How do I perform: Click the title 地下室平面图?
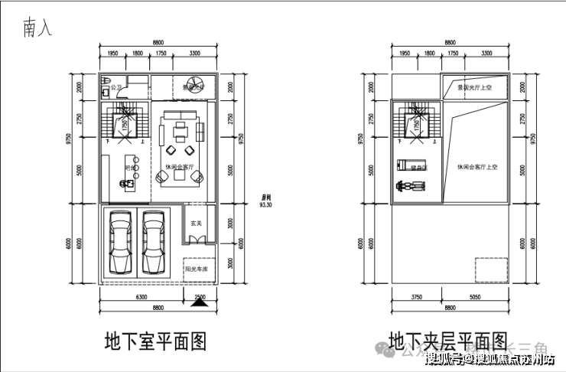click(x=155, y=341)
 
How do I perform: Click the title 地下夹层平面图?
click(x=448, y=341)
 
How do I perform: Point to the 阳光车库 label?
click(x=197, y=269)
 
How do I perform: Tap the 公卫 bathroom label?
click(x=116, y=88)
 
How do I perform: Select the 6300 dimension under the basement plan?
click(x=141, y=297)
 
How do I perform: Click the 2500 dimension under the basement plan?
click(x=200, y=296)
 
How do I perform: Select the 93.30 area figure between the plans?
click(x=267, y=205)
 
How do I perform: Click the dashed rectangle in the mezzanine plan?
click(x=492, y=270)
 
